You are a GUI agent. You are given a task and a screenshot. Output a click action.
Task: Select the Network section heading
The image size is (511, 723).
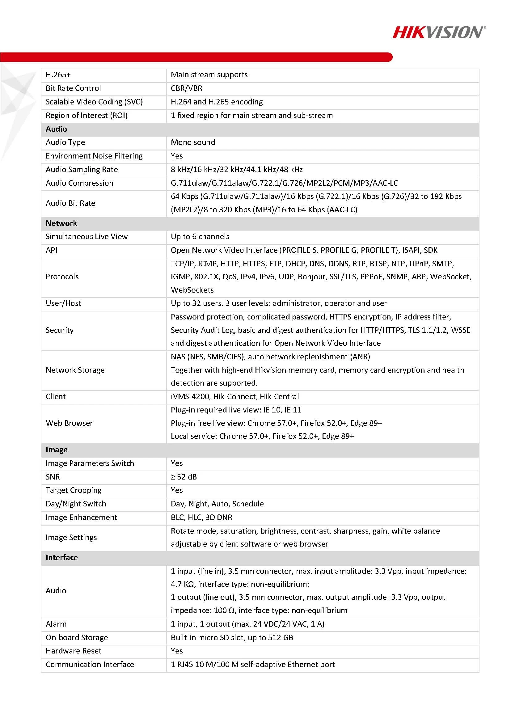click(61, 223)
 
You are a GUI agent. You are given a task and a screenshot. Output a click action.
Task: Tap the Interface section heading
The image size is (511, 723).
click(62, 558)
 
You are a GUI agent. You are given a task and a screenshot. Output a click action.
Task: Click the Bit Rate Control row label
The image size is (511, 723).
click(73, 88)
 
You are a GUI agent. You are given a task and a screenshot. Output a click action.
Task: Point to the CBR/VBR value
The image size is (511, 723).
click(187, 88)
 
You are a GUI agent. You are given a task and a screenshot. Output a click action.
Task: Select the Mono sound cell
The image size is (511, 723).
click(193, 142)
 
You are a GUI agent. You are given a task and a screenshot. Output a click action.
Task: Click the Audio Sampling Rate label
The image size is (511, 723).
click(82, 169)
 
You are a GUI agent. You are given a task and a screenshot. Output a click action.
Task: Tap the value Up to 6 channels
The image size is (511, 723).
click(200, 236)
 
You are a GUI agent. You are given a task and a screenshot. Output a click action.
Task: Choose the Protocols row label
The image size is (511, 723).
click(62, 277)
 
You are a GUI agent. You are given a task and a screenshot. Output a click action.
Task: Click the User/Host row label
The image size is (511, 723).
click(64, 303)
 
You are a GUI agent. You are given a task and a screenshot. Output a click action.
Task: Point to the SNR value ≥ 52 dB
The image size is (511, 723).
click(184, 477)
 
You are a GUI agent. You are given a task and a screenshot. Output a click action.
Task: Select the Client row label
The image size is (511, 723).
click(56, 396)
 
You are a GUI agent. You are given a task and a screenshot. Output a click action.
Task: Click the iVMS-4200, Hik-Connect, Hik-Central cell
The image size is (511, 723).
click(235, 396)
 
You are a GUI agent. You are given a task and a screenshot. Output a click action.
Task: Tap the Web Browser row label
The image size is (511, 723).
click(69, 423)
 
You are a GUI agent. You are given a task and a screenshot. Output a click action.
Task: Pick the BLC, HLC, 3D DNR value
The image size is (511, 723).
click(201, 517)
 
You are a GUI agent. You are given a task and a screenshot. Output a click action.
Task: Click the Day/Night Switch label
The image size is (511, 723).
click(76, 504)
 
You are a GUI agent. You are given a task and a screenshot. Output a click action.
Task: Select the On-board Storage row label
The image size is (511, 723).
click(77, 638)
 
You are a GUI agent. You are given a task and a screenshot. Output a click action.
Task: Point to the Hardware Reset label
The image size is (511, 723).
click(74, 651)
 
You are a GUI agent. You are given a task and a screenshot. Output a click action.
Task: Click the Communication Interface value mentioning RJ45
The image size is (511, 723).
click(253, 664)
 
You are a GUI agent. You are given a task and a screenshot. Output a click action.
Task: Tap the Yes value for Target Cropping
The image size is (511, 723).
click(177, 490)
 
